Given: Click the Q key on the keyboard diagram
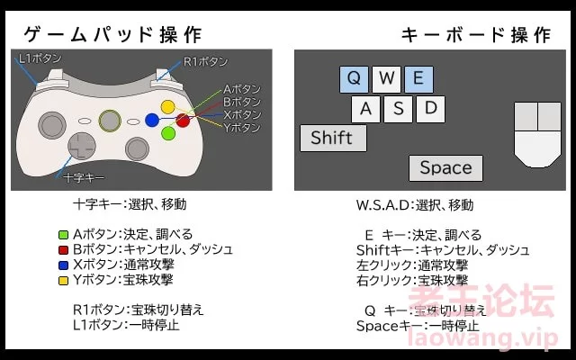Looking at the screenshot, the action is click(354, 79).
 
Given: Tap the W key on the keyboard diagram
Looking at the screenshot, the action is click(386, 79).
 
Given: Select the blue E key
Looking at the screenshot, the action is click(418, 79).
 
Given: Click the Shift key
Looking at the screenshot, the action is click(333, 138).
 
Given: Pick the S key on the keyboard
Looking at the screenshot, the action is click(398, 109).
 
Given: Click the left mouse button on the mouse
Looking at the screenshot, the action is click(526, 116).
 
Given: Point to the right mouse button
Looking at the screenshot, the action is click(550, 116).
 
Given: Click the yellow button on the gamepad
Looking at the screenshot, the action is click(168, 107).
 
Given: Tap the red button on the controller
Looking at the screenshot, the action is click(183, 120).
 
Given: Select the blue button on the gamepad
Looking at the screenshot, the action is click(152, 120).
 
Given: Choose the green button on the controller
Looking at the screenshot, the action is click(168, 133).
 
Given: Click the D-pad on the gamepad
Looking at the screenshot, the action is click(82, 146).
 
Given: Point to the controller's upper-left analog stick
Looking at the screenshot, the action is click(52, 125).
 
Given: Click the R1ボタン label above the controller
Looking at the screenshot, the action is click(205, 62).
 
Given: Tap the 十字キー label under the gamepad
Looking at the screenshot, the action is click(84, 178).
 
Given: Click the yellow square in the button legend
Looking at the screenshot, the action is click(64, 281).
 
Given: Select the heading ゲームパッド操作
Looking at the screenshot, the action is click(112, 35).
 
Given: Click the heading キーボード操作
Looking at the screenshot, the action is click(476, 35).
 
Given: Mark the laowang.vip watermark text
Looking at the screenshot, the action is click(482, 338).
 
